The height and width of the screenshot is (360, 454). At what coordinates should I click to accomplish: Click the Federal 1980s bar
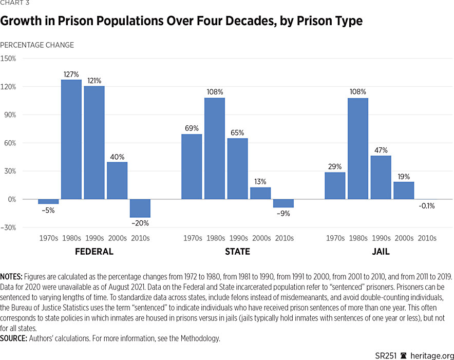71,139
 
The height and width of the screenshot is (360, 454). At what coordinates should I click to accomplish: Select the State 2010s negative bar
283,203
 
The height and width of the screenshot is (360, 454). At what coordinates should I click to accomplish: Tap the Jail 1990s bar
381,177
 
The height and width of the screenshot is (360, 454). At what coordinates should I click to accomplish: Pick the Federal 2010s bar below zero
140,208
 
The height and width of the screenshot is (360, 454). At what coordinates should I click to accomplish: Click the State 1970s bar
192,166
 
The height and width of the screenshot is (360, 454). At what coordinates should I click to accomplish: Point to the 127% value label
71,74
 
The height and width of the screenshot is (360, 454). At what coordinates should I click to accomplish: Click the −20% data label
140,223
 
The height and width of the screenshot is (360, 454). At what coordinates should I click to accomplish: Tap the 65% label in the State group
238,132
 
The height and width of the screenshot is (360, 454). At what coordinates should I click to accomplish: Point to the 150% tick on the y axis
8,59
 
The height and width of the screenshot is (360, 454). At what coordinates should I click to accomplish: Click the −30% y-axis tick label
8,228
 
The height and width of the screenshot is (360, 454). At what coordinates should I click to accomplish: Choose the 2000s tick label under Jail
404,238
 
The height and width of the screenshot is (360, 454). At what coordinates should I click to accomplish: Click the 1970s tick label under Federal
49,238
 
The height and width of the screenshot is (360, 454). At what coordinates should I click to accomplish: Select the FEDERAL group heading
94,252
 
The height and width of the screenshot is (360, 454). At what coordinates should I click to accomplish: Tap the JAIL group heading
381,252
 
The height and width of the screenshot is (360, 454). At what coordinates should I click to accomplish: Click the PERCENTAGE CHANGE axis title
37,45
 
